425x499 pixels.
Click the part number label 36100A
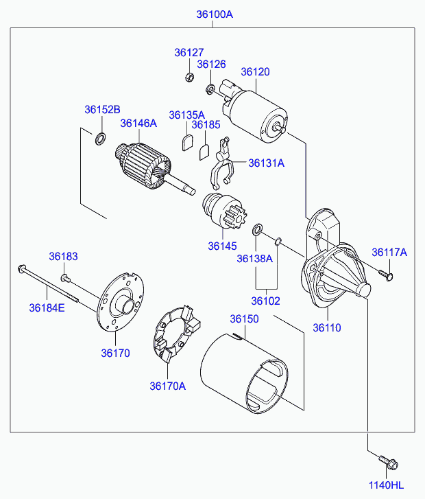215,14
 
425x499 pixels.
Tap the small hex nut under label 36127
189,77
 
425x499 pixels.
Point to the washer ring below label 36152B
101,139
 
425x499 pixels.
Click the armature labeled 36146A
149,167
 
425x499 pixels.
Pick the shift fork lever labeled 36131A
222,163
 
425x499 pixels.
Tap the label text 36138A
254,259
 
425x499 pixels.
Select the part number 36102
265,301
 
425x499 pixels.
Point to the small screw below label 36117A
386,275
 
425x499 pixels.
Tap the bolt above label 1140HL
389,463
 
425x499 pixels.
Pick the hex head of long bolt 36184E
22,268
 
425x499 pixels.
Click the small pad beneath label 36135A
187,143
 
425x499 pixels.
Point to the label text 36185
206,125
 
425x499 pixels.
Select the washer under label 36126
210,89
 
